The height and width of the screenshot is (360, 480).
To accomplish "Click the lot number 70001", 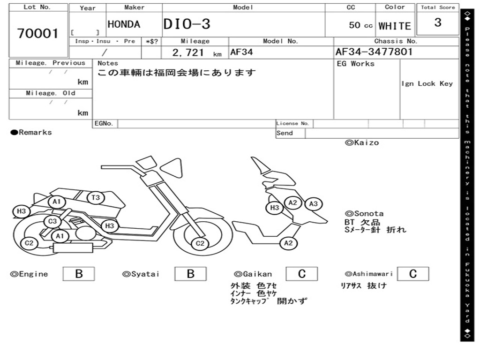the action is [38, 33].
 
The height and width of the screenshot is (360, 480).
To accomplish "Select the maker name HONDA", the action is [124, 24].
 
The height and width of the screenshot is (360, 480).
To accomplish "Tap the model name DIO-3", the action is [187, 24].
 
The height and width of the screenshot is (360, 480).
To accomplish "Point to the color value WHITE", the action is [395, 26].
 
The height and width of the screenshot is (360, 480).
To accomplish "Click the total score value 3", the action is [438, 22].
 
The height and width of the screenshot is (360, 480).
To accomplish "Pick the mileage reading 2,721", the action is [188, 52].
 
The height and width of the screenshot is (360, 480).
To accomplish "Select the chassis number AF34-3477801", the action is [374, 52].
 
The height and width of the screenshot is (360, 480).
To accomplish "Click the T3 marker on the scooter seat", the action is [96, 198].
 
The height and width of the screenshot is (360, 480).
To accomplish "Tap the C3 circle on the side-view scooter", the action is [52, 221].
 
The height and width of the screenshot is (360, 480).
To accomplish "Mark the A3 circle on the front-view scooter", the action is [314, 203].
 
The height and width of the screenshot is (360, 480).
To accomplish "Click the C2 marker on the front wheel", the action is [200, 243].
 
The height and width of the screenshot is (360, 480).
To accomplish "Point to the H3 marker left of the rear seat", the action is [21, 211].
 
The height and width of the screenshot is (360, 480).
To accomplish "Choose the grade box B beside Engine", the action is [79, 274].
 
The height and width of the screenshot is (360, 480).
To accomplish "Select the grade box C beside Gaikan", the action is [302, 274].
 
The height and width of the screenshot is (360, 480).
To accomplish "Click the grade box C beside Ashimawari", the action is [412, 274].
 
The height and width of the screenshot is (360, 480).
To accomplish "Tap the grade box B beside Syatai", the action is [190, 274].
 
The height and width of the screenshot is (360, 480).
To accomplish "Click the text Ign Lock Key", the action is [427, 83].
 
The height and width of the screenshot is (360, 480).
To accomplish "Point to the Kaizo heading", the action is [362, 142].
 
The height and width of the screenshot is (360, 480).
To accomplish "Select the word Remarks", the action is [35, 133].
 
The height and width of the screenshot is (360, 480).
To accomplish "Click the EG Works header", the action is [356, 64].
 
